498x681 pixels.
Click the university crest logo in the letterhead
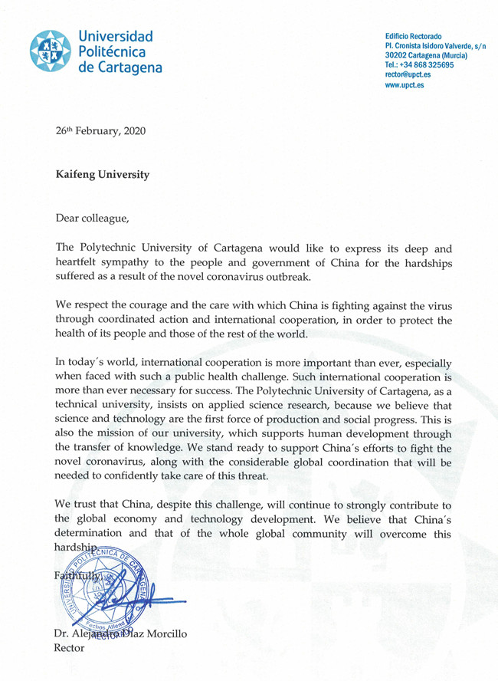[x=52, y=51]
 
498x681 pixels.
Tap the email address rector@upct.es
[x=408, y=75]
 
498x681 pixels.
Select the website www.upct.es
[x=405, y=86]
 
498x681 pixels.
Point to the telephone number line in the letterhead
[x=419, y=65]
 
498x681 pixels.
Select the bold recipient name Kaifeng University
[x=103, y=174]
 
